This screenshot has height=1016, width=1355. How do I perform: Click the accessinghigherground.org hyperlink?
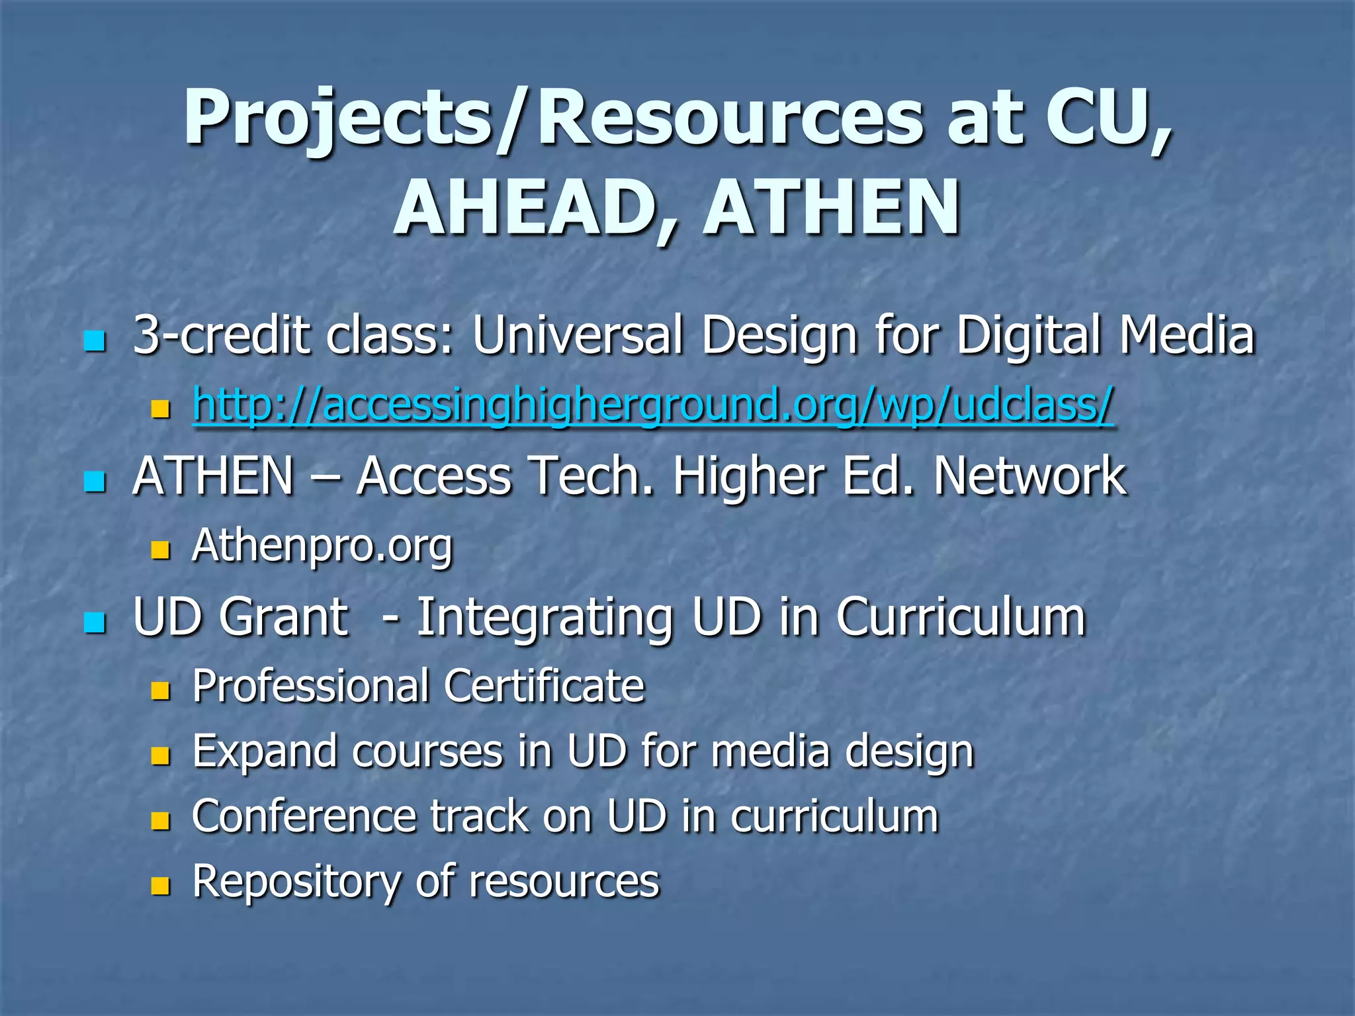pyautogui.click(x=652, y=405)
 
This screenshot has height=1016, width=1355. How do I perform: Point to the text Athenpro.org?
pyautogui.click(x=322, y=546)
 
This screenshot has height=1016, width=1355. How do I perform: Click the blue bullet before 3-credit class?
pyautogui.click(x=95, y=341)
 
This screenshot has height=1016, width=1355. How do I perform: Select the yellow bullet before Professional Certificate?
pyautogui.click(x=161, y=692)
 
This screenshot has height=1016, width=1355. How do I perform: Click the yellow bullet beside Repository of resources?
pyautogui.click(x=161, y=886)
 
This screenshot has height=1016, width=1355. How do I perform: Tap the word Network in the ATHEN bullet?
pyautogui.click(x=1030, y=476)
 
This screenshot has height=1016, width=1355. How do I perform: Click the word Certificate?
pyautogui.click(x=544, y=687)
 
